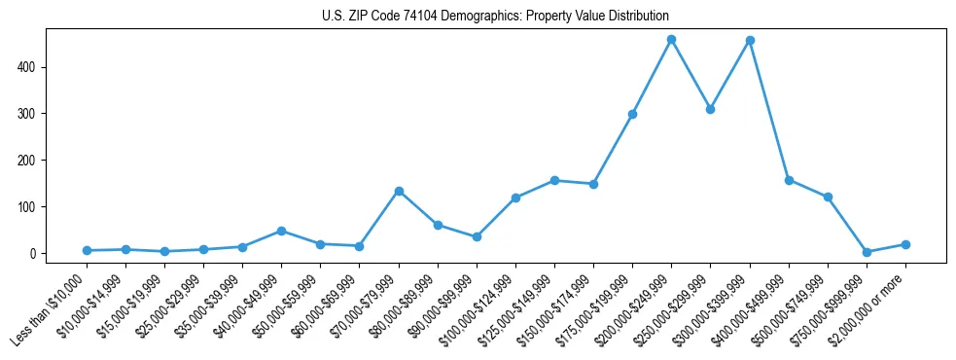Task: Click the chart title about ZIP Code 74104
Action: pyautogui.click(x=495, y=17)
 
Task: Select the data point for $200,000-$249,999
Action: pyautogui.click(x=671, y=40)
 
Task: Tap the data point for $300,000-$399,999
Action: pyautogui.click(x=750, y=41)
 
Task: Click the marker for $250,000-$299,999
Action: pyautogui.click(x=710, y=109)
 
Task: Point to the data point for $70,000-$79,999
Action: pyautogui.click(x=399, y=191)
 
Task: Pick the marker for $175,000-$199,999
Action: pyautogui.click(x=632, y=114)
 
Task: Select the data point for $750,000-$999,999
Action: pyautogui.click(x=867, y=252)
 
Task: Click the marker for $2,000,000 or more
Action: pyautogui.click(x=905, y=244)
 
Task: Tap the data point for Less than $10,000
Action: pyautogui.click(x=87, y=250)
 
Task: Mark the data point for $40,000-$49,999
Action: pyautogui.click(x=281, y=231)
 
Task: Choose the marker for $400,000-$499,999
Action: pyautogui.click(x=789, y=180)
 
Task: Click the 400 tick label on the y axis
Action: pyautogui.click(x=34, y=67)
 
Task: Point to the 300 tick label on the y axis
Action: pyautogui.click(x=34, y=114)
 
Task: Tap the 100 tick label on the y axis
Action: pyautogui.click(x=34, y=207)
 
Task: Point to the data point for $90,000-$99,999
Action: pyautogui.click(x=477, y=236)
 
